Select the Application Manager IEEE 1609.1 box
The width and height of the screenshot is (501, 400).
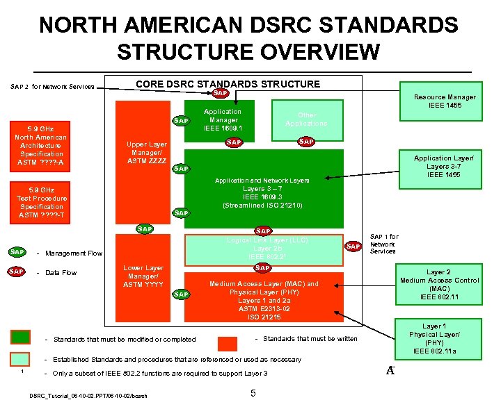click(223, 119)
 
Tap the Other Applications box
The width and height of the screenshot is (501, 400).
click(306, 119)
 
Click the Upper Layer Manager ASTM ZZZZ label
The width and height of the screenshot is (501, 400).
click(147, 153)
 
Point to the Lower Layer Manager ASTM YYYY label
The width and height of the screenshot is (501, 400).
click(143, 276)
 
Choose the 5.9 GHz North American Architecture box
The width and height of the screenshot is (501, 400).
click(42, 146)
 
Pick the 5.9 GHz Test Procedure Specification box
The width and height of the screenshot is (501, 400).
click(42, 202)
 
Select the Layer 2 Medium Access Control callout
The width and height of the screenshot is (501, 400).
click(438, 285)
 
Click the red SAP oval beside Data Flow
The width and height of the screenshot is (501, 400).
click(17, 272)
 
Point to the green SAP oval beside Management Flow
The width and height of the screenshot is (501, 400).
click(17, 252)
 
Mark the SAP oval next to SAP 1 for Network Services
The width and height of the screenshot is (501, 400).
click(353, 247)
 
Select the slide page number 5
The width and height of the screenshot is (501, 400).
click(253, 394)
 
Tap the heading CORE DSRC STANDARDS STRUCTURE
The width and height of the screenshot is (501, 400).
click(228, 84)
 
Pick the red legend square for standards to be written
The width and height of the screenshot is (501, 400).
click(227, 343)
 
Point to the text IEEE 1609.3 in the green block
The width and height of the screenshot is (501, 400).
click(262, 197)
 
